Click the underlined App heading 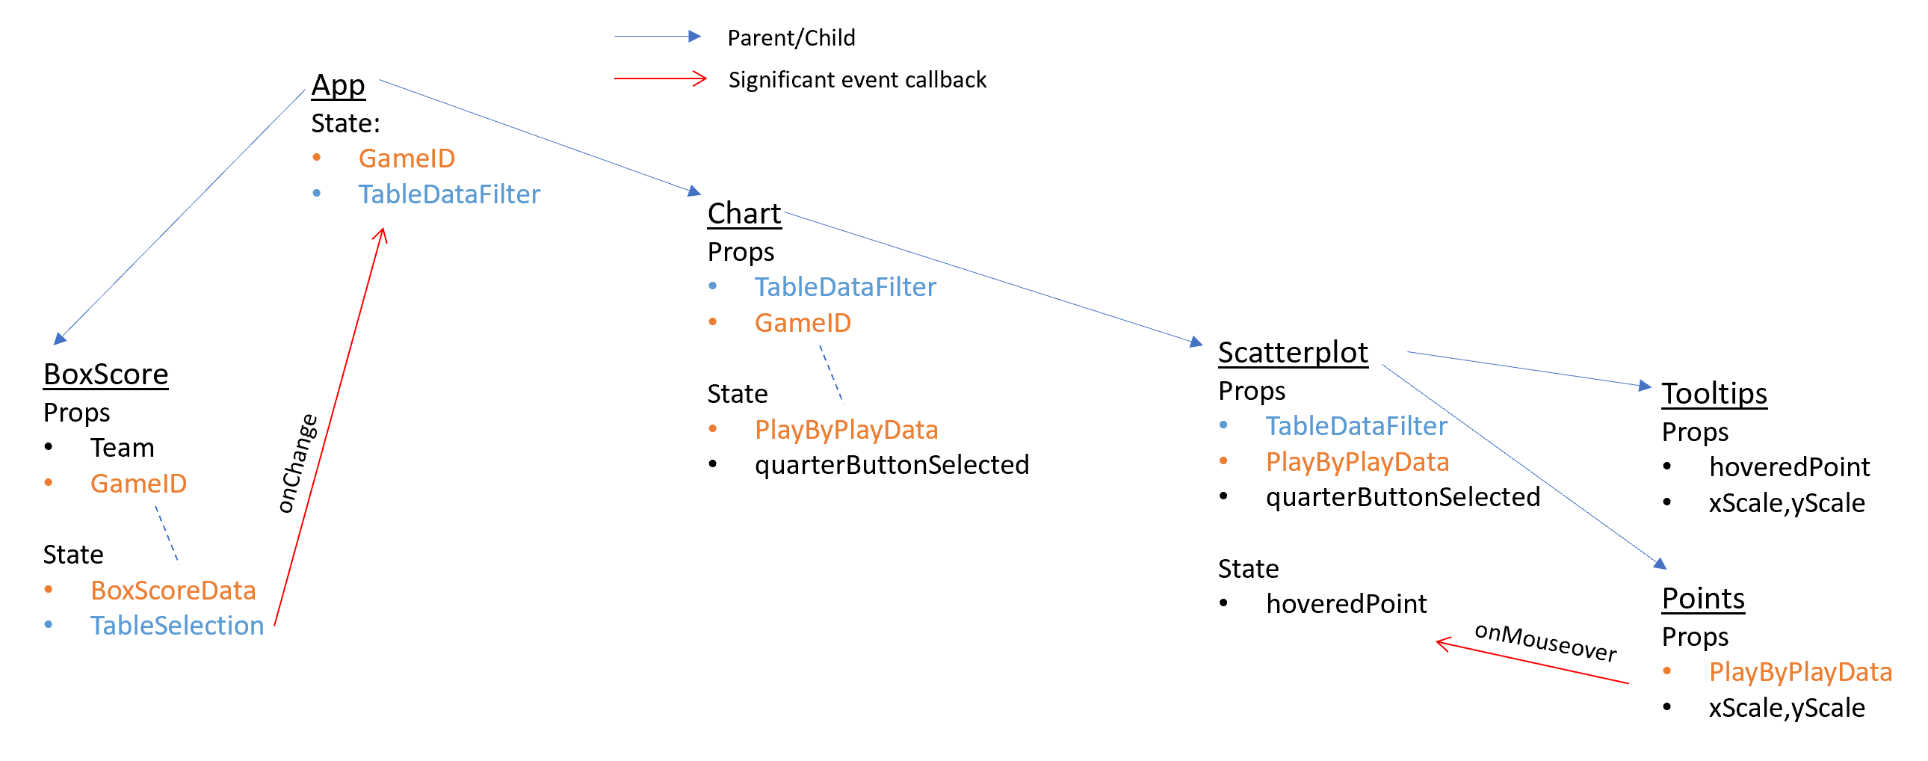(x=339, y=85)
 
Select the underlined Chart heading (x=744, y=214)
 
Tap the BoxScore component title (x=105, y=375)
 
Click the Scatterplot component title (x=1293, y=353)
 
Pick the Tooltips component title (x=1714, y=394)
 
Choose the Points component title (x=1703, y=599)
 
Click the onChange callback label (x=297, y=463)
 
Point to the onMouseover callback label (x=1545, y=642)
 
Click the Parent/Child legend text (x=791, y=37)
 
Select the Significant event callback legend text (x=857, y=79)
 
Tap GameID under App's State (x=407, y=158)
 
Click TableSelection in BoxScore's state (x=177, y=626)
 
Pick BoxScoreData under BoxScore (x=173, y=591)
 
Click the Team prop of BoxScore (x=122, y=448)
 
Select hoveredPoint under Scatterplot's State (x=1346, y=604)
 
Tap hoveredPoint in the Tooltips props (x=1789, y=467)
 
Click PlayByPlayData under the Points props (x=1800, y=672)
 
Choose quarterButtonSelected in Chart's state (x=892, y=465)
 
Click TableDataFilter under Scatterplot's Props (x=1356, y=426)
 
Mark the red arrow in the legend (x=660, y=78)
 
